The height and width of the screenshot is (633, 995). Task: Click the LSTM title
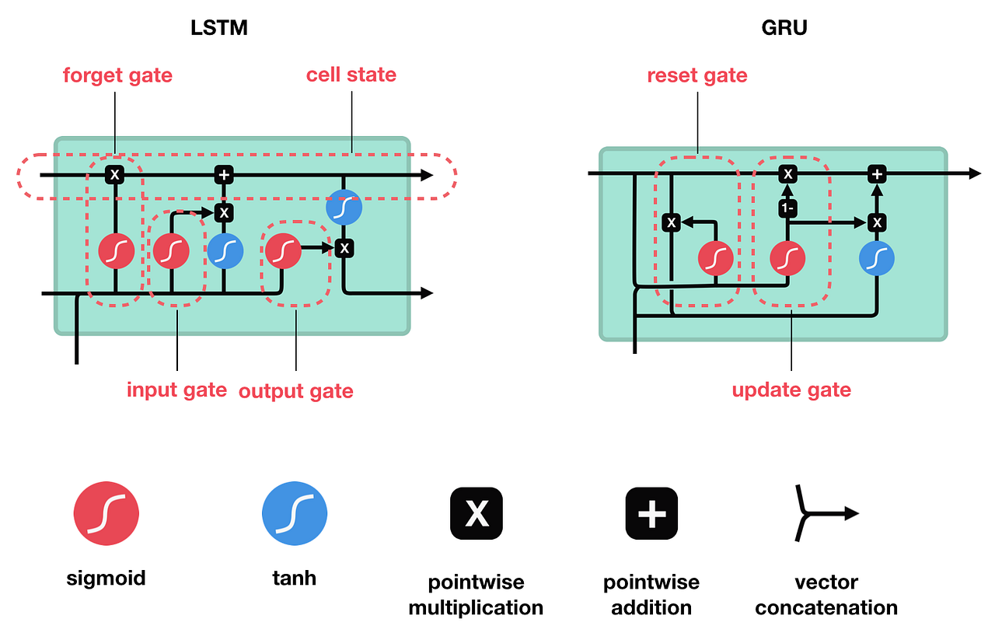220,29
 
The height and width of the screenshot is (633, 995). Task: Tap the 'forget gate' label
117,75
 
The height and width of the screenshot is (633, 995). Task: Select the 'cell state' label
351,75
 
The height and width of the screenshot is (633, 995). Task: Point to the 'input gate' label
176,389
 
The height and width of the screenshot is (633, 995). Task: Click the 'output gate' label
295,390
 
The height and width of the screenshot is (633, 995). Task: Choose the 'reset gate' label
697,75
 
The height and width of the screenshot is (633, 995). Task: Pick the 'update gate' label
791,389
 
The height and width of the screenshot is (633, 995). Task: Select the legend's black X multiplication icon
477,513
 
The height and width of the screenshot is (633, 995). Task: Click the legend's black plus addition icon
651,513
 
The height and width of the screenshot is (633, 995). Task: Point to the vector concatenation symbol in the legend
824,513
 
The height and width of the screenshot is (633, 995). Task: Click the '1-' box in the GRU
788,208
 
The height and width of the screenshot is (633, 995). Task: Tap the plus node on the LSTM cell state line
224,175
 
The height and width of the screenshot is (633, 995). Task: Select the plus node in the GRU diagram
877,175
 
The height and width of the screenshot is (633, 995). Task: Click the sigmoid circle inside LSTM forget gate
117,251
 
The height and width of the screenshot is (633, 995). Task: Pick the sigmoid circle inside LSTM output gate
283,251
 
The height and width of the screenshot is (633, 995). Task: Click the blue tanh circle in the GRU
877,257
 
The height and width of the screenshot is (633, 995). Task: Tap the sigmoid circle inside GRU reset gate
716,258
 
